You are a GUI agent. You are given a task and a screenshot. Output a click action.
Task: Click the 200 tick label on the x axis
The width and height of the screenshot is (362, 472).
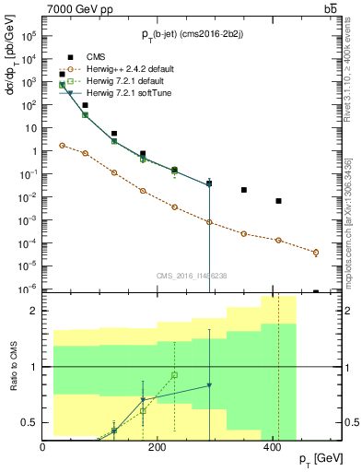click(158, 446)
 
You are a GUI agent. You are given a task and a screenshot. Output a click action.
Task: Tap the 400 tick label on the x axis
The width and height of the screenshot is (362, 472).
click(272, 446)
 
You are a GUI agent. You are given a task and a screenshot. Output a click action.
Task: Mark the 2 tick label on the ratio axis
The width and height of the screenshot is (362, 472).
click(35, 311)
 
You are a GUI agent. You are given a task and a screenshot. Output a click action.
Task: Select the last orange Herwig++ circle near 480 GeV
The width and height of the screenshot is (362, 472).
click(316, 252)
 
